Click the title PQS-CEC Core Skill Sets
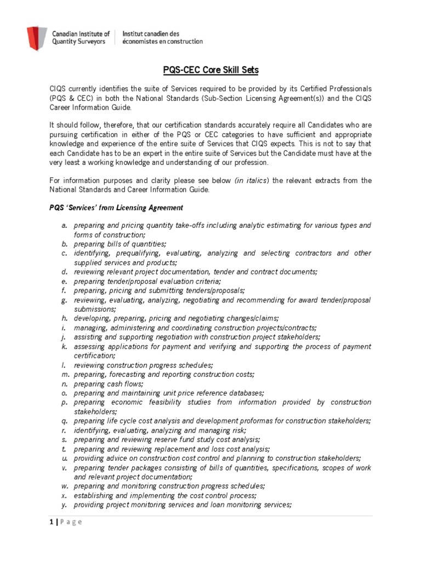point(210,70)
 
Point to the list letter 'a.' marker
point(65,225)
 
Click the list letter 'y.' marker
point(65,505)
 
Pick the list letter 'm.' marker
point(65,374)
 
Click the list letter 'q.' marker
point(65,421)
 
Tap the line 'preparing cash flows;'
point(106,383)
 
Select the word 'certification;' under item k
point(94,356)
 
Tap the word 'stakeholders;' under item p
point(94,411)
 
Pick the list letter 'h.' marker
point(65,318)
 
